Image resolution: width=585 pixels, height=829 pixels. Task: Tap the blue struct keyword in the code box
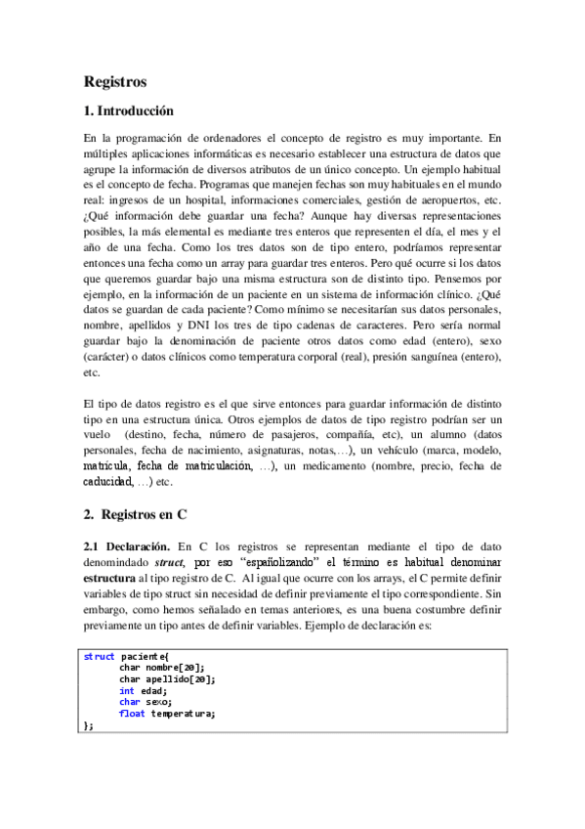tap(100, 656)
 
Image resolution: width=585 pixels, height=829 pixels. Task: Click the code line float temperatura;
tap(167, 713)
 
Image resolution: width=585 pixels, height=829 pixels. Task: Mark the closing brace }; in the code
tap(89, 724)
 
